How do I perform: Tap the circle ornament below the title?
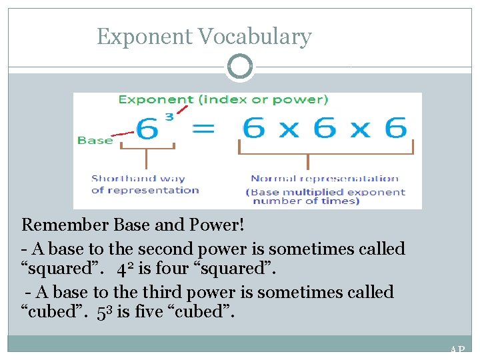[x=240, y=67]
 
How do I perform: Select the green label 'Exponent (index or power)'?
[x=223, y=99]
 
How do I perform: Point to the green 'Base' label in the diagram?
[x=94, y=140]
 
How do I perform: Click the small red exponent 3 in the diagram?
[x=169, y=117]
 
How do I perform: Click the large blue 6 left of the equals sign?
[x=149, y=128]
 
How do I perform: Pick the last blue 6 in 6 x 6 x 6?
[x=395, y=127]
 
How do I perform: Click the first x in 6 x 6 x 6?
[x=289, y=129]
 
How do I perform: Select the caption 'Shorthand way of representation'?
[x=145, y=184]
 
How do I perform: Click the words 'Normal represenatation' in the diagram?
[x=324, y=178]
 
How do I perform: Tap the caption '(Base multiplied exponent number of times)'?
[x=325, y=196]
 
